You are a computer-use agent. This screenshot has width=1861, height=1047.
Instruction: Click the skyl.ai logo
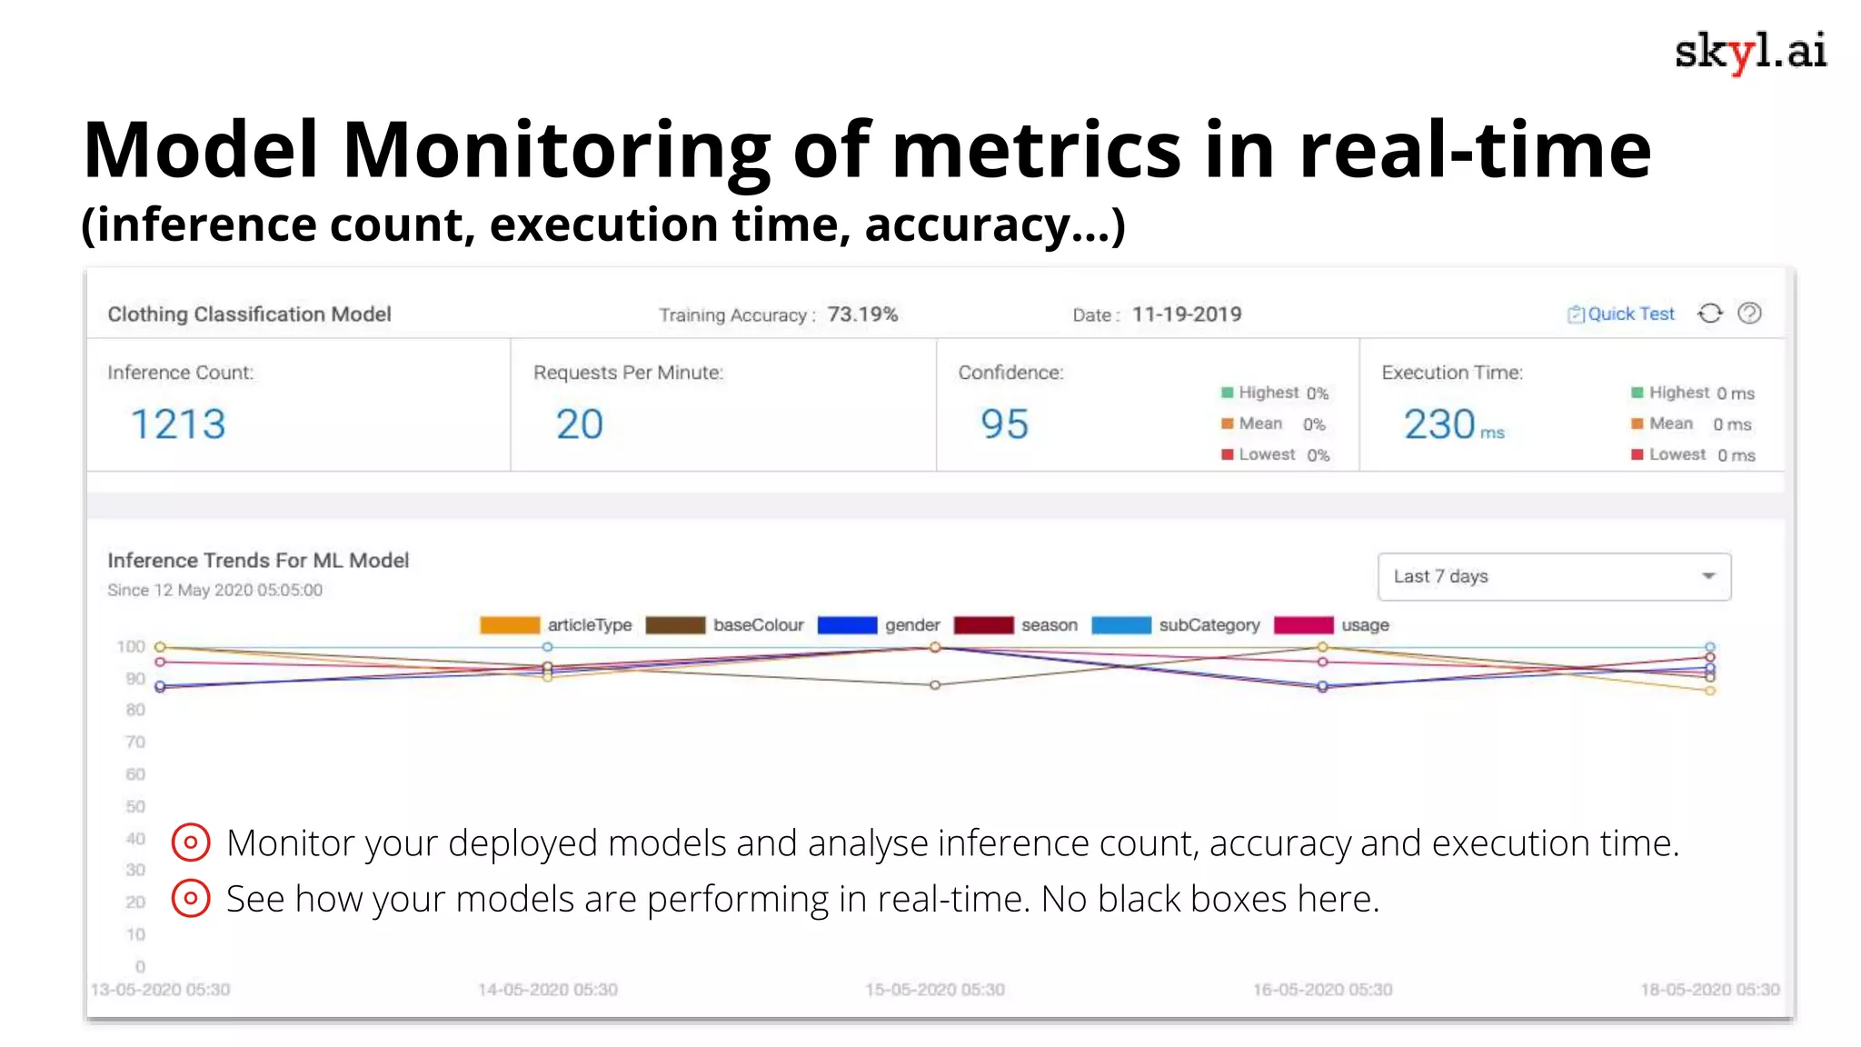pyautogui.click(x=1750, y=52)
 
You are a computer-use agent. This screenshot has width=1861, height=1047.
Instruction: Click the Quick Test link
pyautogui.click(x=1621, y=314)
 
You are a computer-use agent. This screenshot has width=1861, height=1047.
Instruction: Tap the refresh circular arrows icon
pyautogui.click(x=1709, y=314)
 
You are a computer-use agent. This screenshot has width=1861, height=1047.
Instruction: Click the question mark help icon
pyautogui.click(x=1749, y=314)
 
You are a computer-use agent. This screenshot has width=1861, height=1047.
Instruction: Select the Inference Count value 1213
pyautogui.click(x=178, y=424)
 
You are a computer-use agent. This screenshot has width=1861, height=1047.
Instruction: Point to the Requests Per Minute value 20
pyautogui.click(x=579, y=424)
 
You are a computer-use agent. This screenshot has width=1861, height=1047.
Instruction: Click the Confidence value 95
pyautogui.click(x=1004, y=424)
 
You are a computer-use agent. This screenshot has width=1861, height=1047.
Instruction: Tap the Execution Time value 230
pyautogui.click(x=1439, y=424)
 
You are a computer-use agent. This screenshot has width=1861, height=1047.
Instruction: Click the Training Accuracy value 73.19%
pyautogui.click(x=862, y=314)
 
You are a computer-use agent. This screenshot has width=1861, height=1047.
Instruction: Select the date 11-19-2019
pyautogui.click(x=1187, y=314)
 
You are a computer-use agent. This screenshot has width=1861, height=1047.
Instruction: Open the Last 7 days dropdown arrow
pyautogui.click(x=1708, y=576)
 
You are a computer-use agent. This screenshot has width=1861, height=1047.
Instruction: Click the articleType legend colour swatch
pyautogui.click(x=510, y=625)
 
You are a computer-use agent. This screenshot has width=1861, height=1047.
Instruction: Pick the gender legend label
pyautogui.click(x=912, y=625)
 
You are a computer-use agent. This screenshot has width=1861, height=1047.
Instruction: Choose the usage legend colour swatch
pyautogui.click(x=1304, y=625)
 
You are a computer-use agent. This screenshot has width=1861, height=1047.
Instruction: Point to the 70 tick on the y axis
pyautogui.click(x=135, y=742)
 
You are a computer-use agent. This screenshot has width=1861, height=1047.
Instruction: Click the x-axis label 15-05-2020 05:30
pyautogui.click(x=935, y=990)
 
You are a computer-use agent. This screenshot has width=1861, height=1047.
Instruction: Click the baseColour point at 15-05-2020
pyautogui.click(x=935, y=685)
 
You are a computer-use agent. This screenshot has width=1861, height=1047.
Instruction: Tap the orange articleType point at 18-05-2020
pyautogui.click(x=1710, y=691)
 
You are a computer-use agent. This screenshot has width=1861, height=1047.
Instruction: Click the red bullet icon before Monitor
pyautogui.click(x=191, y=843)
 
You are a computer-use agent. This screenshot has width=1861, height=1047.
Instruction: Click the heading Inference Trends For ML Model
pyautogui.click(x=258, y=561)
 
